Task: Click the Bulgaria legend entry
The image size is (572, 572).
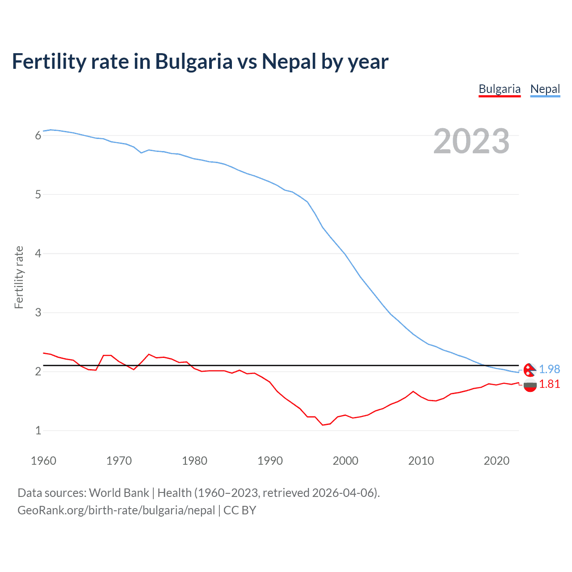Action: tap(499, 89)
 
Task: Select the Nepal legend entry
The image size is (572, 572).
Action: tap(545, 89)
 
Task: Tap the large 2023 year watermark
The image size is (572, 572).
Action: tap(471, 141)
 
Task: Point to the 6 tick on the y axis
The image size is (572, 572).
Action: tap(38, 135)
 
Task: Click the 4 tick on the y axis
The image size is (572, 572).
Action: tap(38, 253)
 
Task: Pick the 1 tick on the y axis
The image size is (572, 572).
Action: tap(38, 430)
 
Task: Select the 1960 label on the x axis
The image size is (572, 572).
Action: tap(43, 461)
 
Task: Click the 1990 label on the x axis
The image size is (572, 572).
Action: tap(270, 461)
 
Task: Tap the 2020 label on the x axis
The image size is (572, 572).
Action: tap(496, 461)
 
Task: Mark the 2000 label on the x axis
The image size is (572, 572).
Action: tap(345, 461)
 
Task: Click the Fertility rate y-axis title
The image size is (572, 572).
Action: tap(19, 277)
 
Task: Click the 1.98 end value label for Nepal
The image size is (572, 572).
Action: tap(549, 369)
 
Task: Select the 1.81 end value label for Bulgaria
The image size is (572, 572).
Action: tap(549, 384)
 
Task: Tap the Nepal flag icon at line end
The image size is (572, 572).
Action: tap(530, 370)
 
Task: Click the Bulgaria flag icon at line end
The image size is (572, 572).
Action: tap(530, 385)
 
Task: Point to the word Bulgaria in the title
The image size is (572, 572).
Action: tap(193, 61)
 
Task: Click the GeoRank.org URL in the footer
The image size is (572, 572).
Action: tap(116, 510)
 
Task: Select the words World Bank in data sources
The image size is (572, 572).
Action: tap(119, 493)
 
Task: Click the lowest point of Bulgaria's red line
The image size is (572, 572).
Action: tap(323, 425)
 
